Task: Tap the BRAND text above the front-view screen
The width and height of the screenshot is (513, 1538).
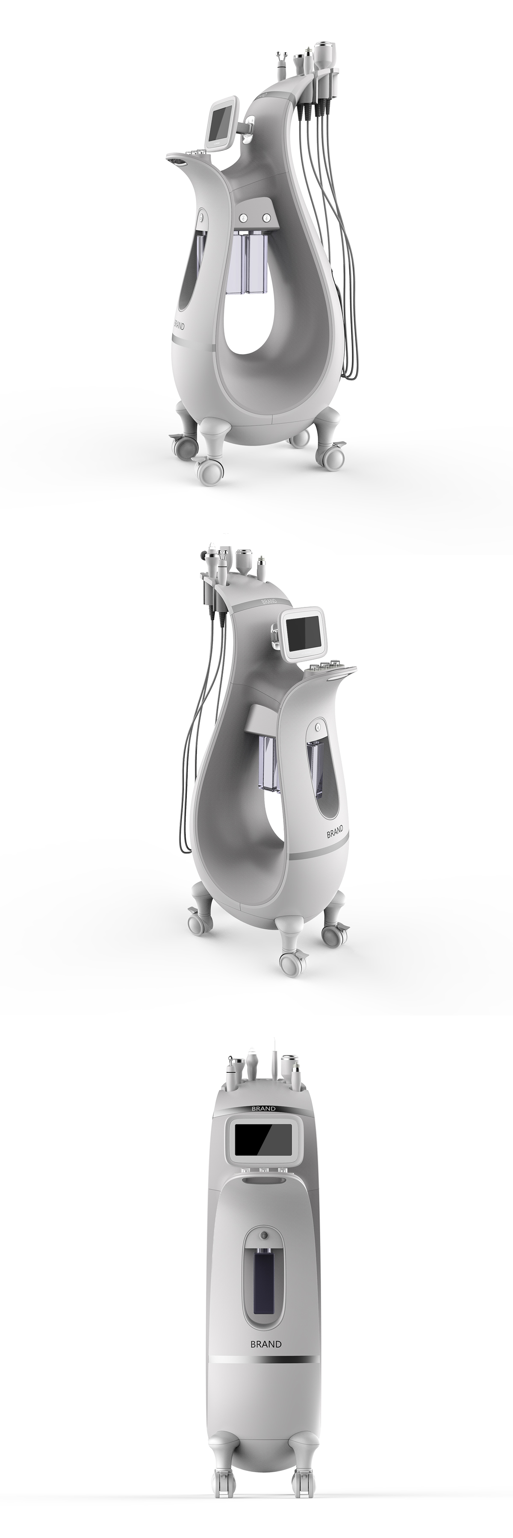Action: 263,1109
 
